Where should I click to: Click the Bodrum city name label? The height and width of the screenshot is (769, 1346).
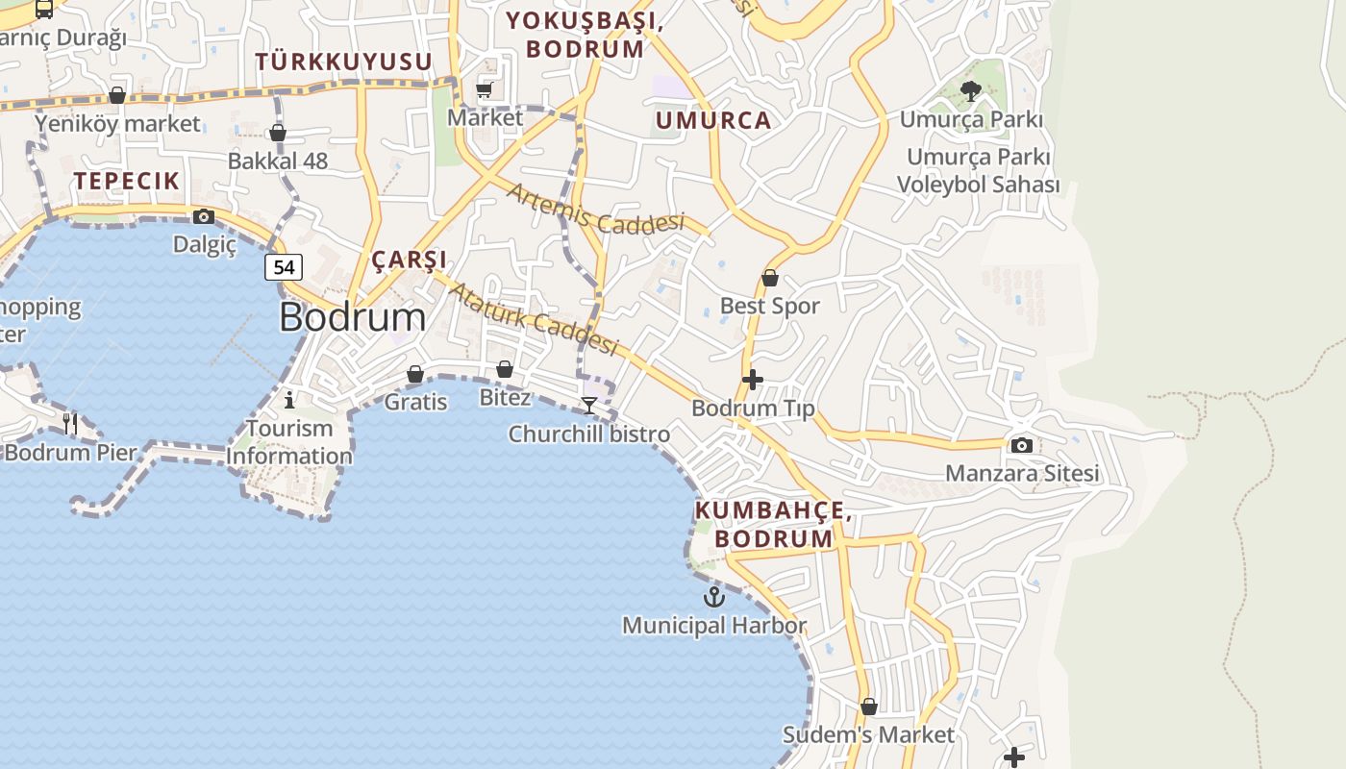click(352, 317)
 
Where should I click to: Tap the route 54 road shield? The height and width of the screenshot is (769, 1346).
click(284, 266)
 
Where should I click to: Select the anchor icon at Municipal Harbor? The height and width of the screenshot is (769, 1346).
click(713, 597)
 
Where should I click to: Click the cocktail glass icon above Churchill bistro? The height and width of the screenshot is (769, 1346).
click(589, 406)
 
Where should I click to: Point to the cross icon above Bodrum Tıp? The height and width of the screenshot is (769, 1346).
click(753, 380)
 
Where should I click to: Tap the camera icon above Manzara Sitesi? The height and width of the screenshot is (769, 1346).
click(1022, 445)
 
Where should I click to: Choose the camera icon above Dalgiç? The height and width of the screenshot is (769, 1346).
click(204, 216)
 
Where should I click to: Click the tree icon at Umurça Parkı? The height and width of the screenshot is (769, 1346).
click(971, 91)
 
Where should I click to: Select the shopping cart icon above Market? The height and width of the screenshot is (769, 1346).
click(485, 89)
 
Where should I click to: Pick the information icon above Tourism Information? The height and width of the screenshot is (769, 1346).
click(289, 399)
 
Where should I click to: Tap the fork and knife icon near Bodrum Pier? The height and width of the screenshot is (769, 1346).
click(69, 422)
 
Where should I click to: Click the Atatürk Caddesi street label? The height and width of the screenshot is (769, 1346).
click(533, 318)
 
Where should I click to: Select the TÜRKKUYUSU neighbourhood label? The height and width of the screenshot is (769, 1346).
click(343, 62)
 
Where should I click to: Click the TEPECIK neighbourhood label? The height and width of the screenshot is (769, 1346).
click(127, 181)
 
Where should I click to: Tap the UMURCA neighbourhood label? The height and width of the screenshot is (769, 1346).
click(713, 120)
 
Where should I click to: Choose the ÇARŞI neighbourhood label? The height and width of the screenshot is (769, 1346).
click(410, 260)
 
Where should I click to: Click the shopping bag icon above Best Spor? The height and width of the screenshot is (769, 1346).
click(770, 279)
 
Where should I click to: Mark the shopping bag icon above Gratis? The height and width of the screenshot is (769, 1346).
click(415, 374)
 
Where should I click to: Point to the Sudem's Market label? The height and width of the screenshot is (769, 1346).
click(868, 735)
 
